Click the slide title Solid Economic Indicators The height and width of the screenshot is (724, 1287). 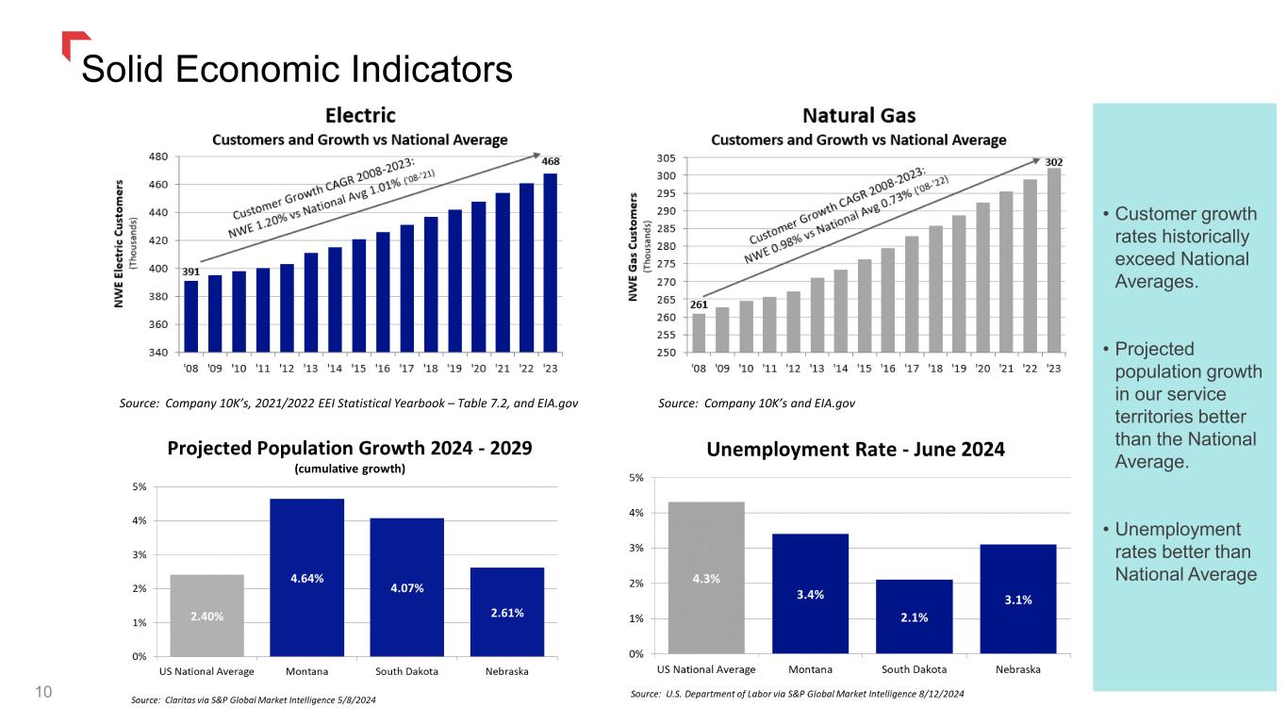pyautogui.click(x=297, y=68)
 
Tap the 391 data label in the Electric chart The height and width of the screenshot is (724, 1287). pyautogui.click(x=190, y=271)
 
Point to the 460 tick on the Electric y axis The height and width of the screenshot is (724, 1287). pyautogui.click(x=159, y=185)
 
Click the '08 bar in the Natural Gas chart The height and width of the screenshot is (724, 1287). pyautogui.click(x=699, y=333)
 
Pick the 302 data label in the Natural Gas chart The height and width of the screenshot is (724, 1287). pyautogui.click(x=1054, y=162)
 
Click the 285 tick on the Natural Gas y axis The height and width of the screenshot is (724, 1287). pyautogui.click(x=667, y=229)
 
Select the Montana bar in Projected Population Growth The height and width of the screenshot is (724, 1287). pyautogui.click(x=306, y=577)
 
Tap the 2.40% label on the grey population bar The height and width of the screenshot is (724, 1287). pyautogui.click(x=206, y=617)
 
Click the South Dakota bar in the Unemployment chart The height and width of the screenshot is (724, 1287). pyautogui.click(x=914, y=617)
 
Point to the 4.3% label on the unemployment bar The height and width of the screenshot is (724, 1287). pyautogui.click(x=706, y=579)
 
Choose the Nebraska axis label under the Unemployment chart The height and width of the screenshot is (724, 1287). pyautogui.click(x=1017, y=669)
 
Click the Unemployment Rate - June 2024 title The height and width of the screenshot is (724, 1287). pyautogui.click(x=855, y=451)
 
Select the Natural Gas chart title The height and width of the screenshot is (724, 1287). pyautogui.click(x=858, y=116)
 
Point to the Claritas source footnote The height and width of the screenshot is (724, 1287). pyautogui.click(x=258, y=701)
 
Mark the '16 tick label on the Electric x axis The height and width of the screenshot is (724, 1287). pyautogui.click(x=383, y=368)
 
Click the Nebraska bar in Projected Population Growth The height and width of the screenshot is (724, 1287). pyautogui.click(x=506, y=611)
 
